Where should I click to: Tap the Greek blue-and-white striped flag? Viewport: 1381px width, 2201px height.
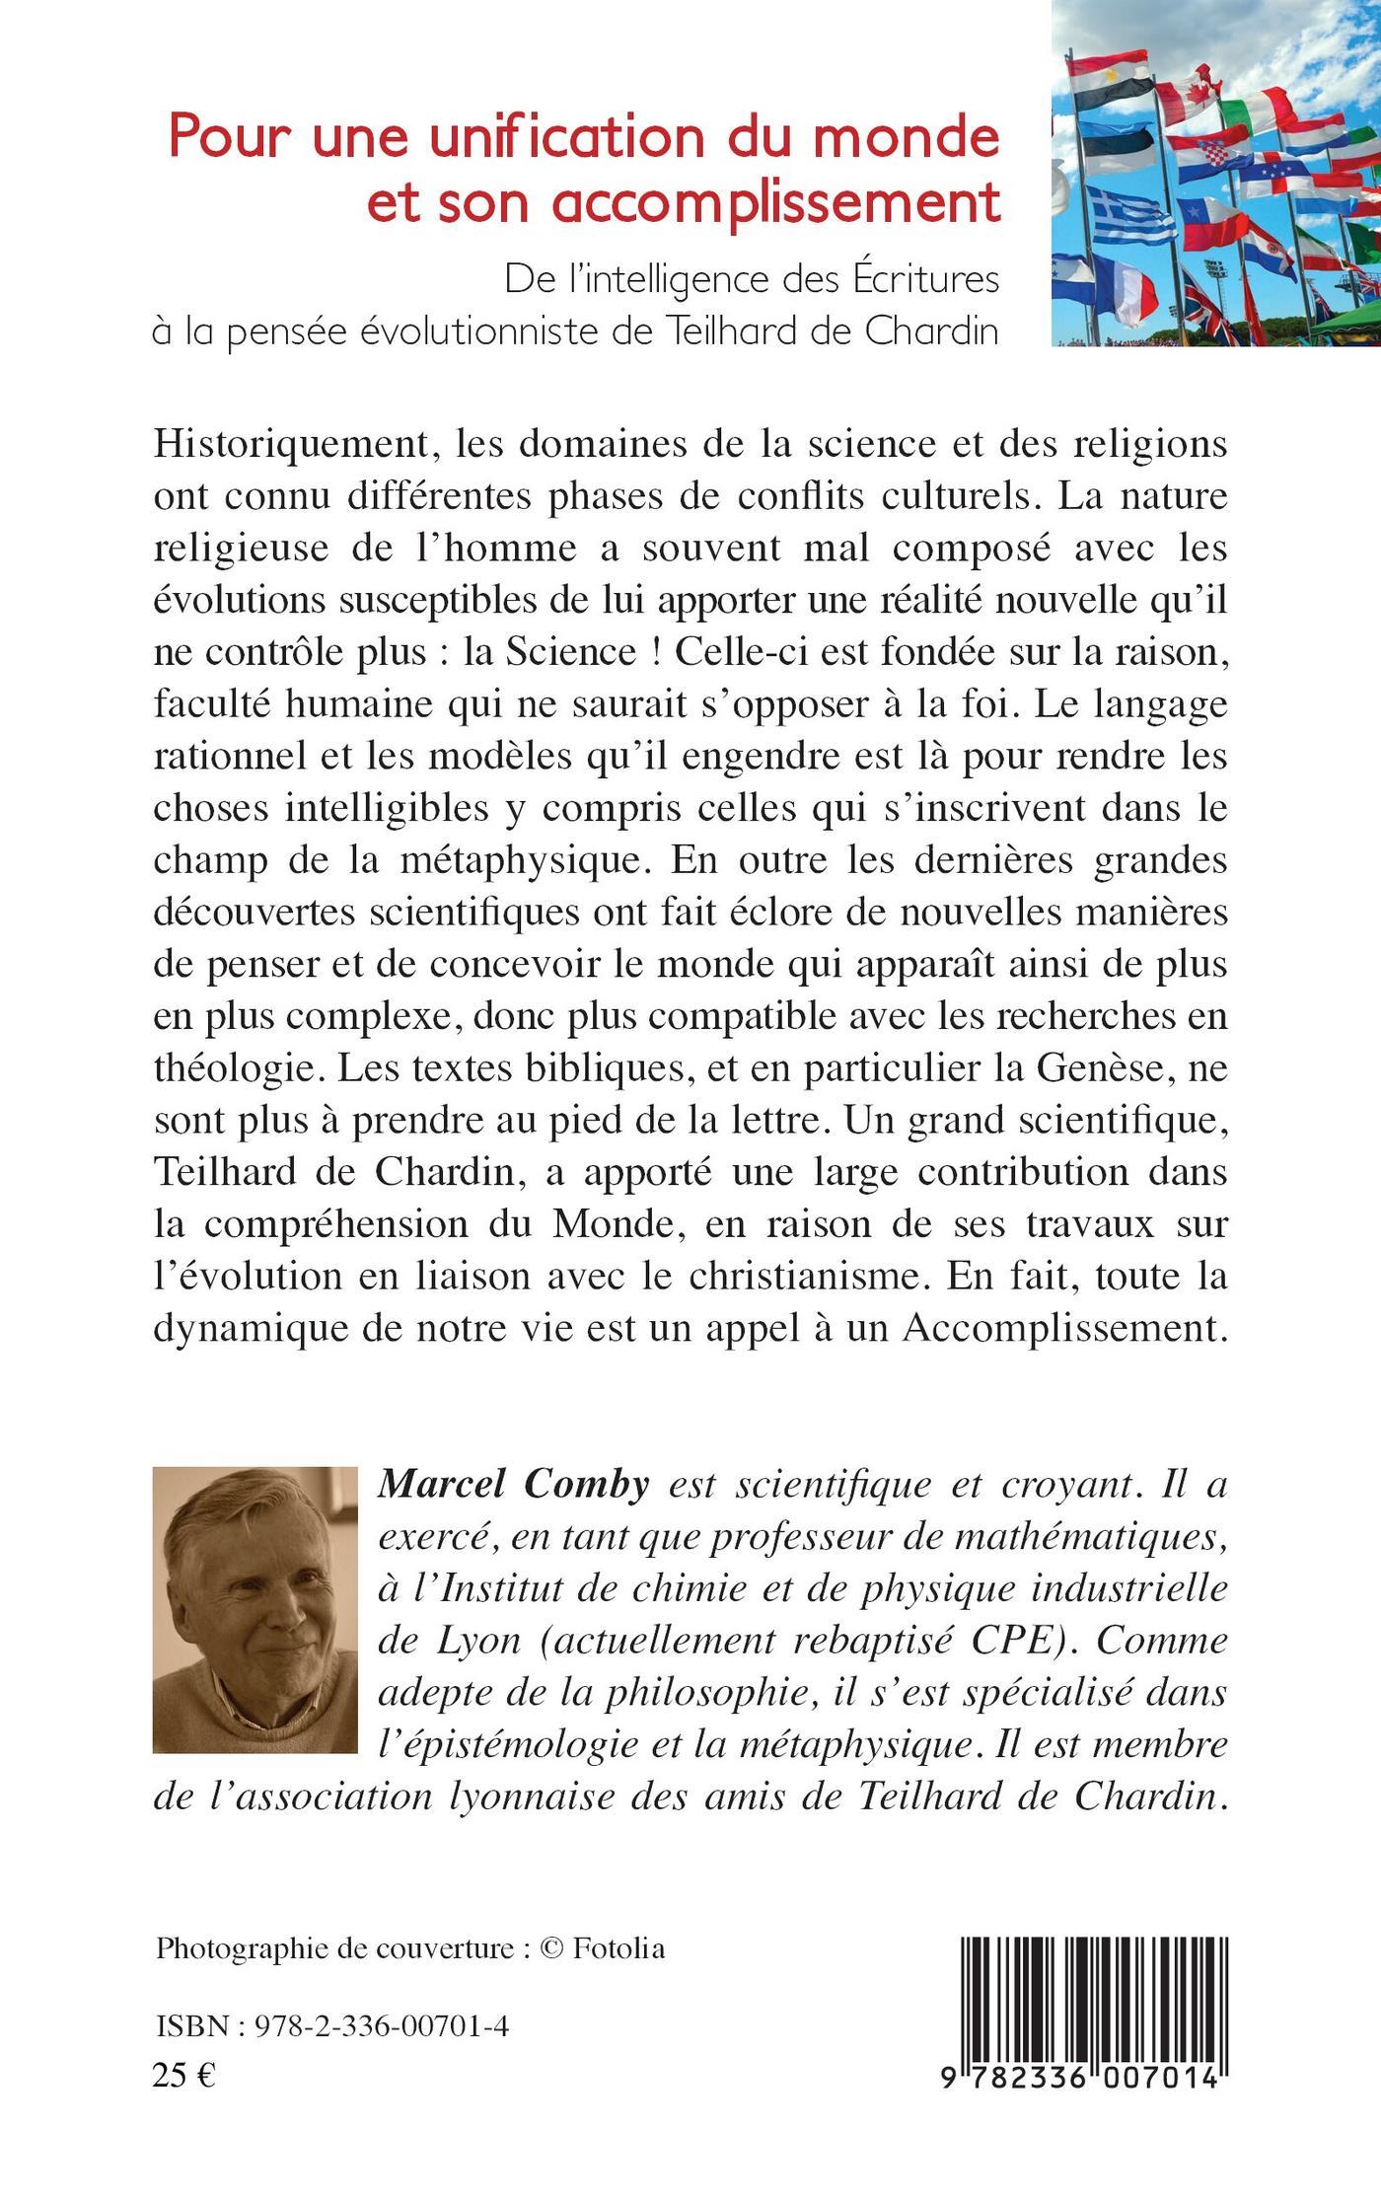click(x=1131, y=219)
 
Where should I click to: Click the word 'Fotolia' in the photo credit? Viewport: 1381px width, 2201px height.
click(x=618, y=1948)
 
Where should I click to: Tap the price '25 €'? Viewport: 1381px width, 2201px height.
click(x=184, y=2075)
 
